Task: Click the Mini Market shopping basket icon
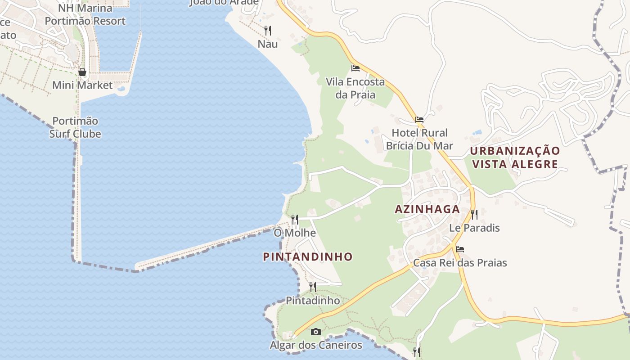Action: (x=82, y=72)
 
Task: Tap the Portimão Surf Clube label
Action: (x=75, y=127)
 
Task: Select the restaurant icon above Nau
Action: (x=268, y=30)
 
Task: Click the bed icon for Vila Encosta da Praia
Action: (x=355, y=68)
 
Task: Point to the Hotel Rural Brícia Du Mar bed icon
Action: (x=419, y=120)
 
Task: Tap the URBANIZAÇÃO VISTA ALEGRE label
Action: (x=515, y=157)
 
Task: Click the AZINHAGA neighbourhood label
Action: (x=427, y=209)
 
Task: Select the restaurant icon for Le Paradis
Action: (x=474, y=214)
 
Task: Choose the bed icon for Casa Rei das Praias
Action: (x=460, y=249)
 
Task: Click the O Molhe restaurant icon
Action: (x=295, y=220)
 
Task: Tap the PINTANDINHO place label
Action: (x=308, y=257)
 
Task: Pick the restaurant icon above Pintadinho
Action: (x=313, y=287)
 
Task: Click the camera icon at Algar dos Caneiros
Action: (x=316, y=332)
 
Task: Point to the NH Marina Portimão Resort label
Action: (x=85, y=14)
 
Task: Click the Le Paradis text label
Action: (x=474, y=228)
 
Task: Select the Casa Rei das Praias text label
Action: (x=460, y=263)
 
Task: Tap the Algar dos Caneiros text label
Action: (x=316, y=345)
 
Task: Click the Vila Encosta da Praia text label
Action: (x=355, y=88)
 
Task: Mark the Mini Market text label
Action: (x=82, y=85)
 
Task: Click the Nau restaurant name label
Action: (x=268, y=44)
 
